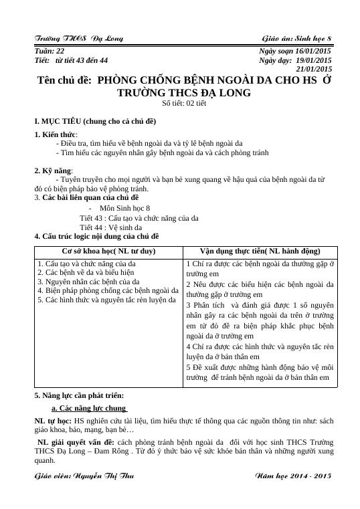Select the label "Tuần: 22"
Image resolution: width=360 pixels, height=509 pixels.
(x=50, y=51)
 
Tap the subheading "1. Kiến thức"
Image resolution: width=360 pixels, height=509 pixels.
(x=55, y=135)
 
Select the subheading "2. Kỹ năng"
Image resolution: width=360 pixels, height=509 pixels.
(x=53, y=171)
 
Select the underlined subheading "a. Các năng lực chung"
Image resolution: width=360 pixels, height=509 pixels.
(x=89, y=408)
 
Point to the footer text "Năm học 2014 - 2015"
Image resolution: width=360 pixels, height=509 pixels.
(x=294, y=476)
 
